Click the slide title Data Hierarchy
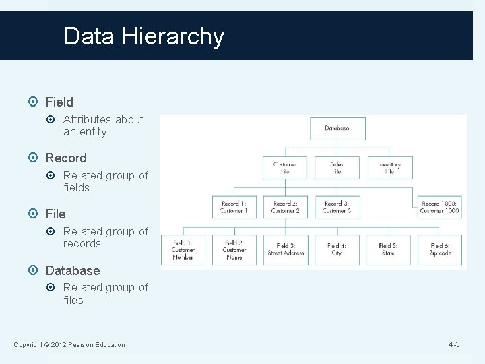(x=143, y=36)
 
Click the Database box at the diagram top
(x=337, y=128)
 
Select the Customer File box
(x=284, y=168)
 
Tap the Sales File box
(x=337, y=168)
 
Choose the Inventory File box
(x=389, y=168)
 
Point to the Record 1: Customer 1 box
(x=234, y=207)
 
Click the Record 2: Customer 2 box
(x=285, y=207)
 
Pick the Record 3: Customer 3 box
(x=337, y=207)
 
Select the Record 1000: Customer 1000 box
(x=439, y=207)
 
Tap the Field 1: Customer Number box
(x=183, y=249)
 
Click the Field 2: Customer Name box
(x=234, y=249)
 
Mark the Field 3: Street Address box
(x=286, y=249)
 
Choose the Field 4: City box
(x=337, y=249)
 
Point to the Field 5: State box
(x=388, y=249)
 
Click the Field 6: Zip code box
(x=440, y=249)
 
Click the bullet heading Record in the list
(x=66, y=158)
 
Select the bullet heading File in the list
(x=55, y=214)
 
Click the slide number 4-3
(x=454, y=345)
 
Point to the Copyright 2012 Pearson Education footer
(x=69, y=345)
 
